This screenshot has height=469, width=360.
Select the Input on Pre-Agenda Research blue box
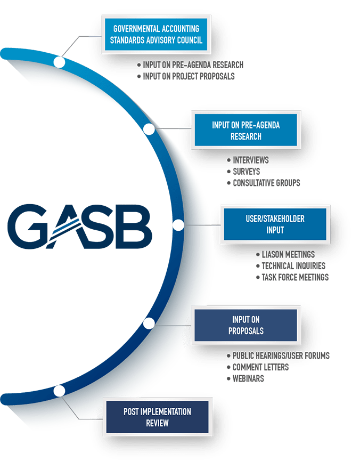click(x=246, y=131)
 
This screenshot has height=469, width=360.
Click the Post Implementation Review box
click(x=157, y=417)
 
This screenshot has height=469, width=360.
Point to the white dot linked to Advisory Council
click(x=60, y=63)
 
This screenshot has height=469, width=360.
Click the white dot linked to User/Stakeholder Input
click(x=178, y=225)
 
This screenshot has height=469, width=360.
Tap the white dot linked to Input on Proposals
click(x=149, y=323)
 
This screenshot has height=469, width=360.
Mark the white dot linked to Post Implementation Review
click(x=60, y=391)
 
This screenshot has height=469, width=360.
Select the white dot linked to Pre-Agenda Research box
click(x=149, y=129)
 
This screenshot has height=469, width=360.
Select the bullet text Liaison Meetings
click(x=288, y=255)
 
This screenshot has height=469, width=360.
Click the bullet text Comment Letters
click(x=260, y=367)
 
